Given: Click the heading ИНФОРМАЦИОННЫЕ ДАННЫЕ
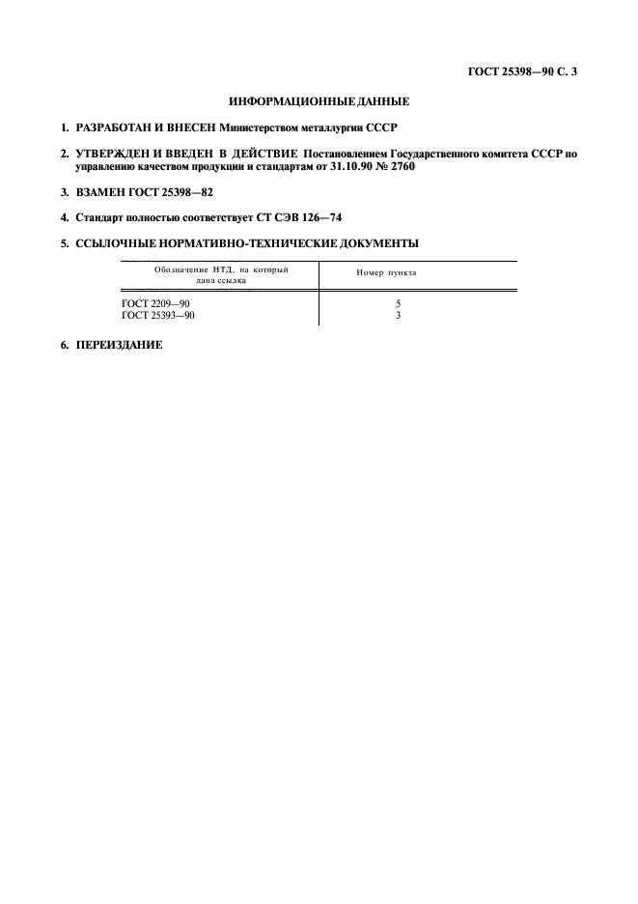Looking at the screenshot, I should point(319,100).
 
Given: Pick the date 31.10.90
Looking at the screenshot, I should point(353,166).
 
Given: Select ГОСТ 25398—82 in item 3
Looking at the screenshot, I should point(171,192).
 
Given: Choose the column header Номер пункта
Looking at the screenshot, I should point(386,273).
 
